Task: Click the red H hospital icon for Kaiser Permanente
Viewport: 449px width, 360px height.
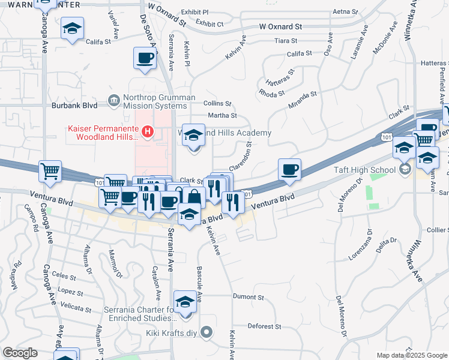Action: click(148, 130)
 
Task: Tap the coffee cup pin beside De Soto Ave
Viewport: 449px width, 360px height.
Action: click(145, 58)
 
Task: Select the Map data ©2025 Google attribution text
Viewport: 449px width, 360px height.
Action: click(411, 355)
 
